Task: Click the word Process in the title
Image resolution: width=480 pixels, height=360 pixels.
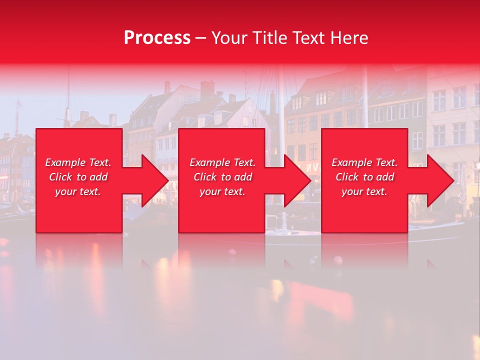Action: point(157,38)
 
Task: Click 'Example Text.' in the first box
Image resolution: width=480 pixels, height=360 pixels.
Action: point(78,162)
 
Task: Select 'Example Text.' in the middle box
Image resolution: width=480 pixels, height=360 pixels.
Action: point(222,162)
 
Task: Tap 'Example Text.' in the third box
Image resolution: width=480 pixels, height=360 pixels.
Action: point(364,162)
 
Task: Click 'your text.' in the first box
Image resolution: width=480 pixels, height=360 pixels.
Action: point(78,191)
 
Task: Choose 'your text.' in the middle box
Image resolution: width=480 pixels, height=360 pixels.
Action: point(222,191)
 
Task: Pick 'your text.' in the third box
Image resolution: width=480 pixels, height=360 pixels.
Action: point(364,191)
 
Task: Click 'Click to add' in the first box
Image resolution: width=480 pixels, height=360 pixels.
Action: point(78,177)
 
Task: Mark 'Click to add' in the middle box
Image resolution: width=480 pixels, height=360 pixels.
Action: point(222,177)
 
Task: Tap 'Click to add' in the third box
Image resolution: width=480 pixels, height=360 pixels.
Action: point(364,177)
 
